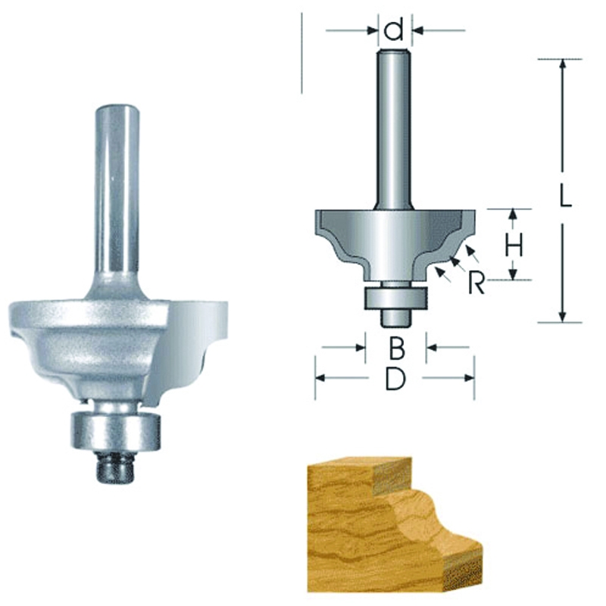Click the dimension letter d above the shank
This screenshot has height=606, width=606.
(x=394, y=31)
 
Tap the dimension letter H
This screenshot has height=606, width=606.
(x=514, y=245)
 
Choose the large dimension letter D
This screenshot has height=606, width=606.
(x=395, y=378)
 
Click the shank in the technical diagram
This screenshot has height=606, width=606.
(x=395, y=129)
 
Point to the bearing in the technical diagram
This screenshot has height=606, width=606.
(x=394, y=297)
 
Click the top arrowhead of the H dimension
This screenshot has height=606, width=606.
(x=514, y=215)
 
